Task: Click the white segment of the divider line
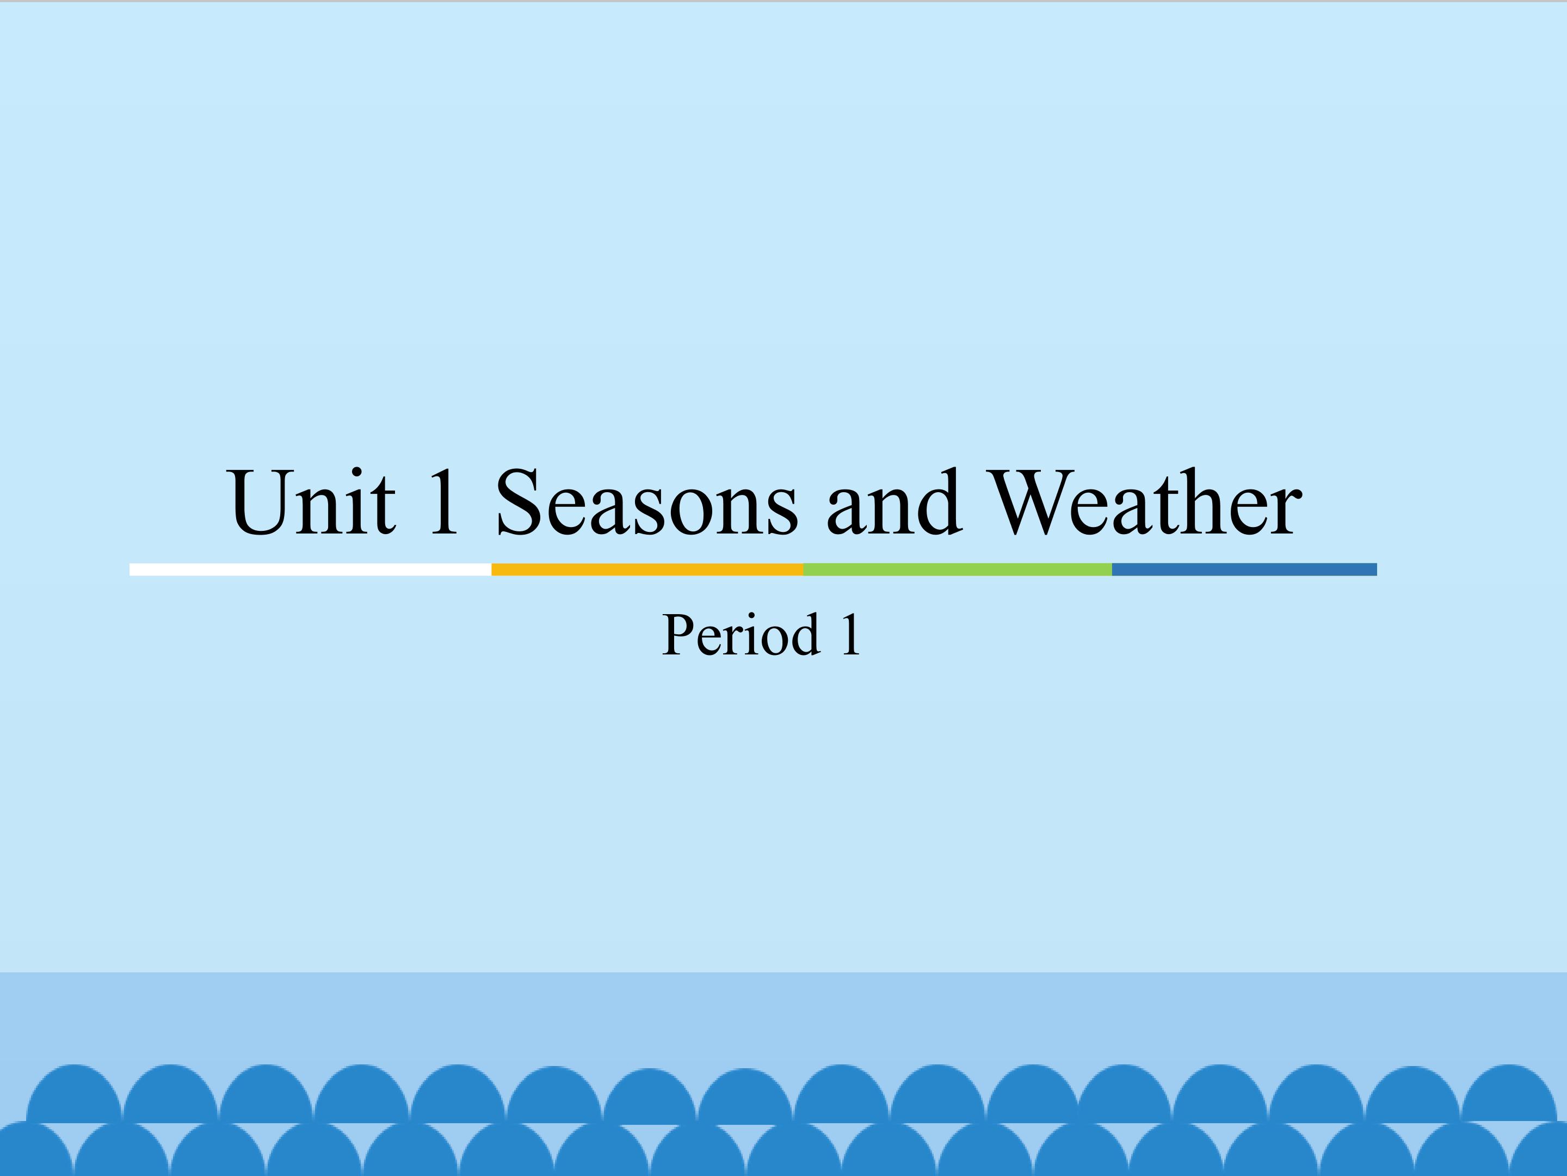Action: pyautogui.click(x=310, y=569)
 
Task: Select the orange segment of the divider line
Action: pyautogui.click(x=647, y=569)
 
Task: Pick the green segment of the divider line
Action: pyautogui.click(x=958, y=569)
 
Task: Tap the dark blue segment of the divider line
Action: pyautogui.click(x=1244, y=569)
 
